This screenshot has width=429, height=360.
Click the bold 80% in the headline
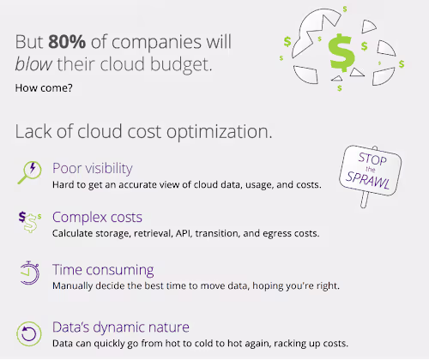pos(67,42)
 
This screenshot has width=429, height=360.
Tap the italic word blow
pos(33,64)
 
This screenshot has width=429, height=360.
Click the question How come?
pos(44,87)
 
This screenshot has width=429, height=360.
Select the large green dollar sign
pos(341,53)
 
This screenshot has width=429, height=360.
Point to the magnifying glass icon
pos(29,172)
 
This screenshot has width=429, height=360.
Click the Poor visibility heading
pos(93,168)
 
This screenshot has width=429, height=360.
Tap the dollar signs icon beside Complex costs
pos(29,222)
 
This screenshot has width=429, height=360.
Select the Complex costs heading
pos(97,217)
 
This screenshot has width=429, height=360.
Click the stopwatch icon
pos(29,273)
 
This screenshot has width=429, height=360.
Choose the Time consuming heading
pos(103,270)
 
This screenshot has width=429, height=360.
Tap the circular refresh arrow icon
pos(29,333)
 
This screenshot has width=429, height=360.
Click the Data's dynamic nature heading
pos(121,327)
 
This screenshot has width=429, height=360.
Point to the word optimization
pos(219,132)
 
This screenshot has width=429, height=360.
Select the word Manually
pos(72,286)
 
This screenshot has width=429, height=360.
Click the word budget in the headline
pos(181,64)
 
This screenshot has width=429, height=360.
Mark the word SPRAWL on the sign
pos(367,180)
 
